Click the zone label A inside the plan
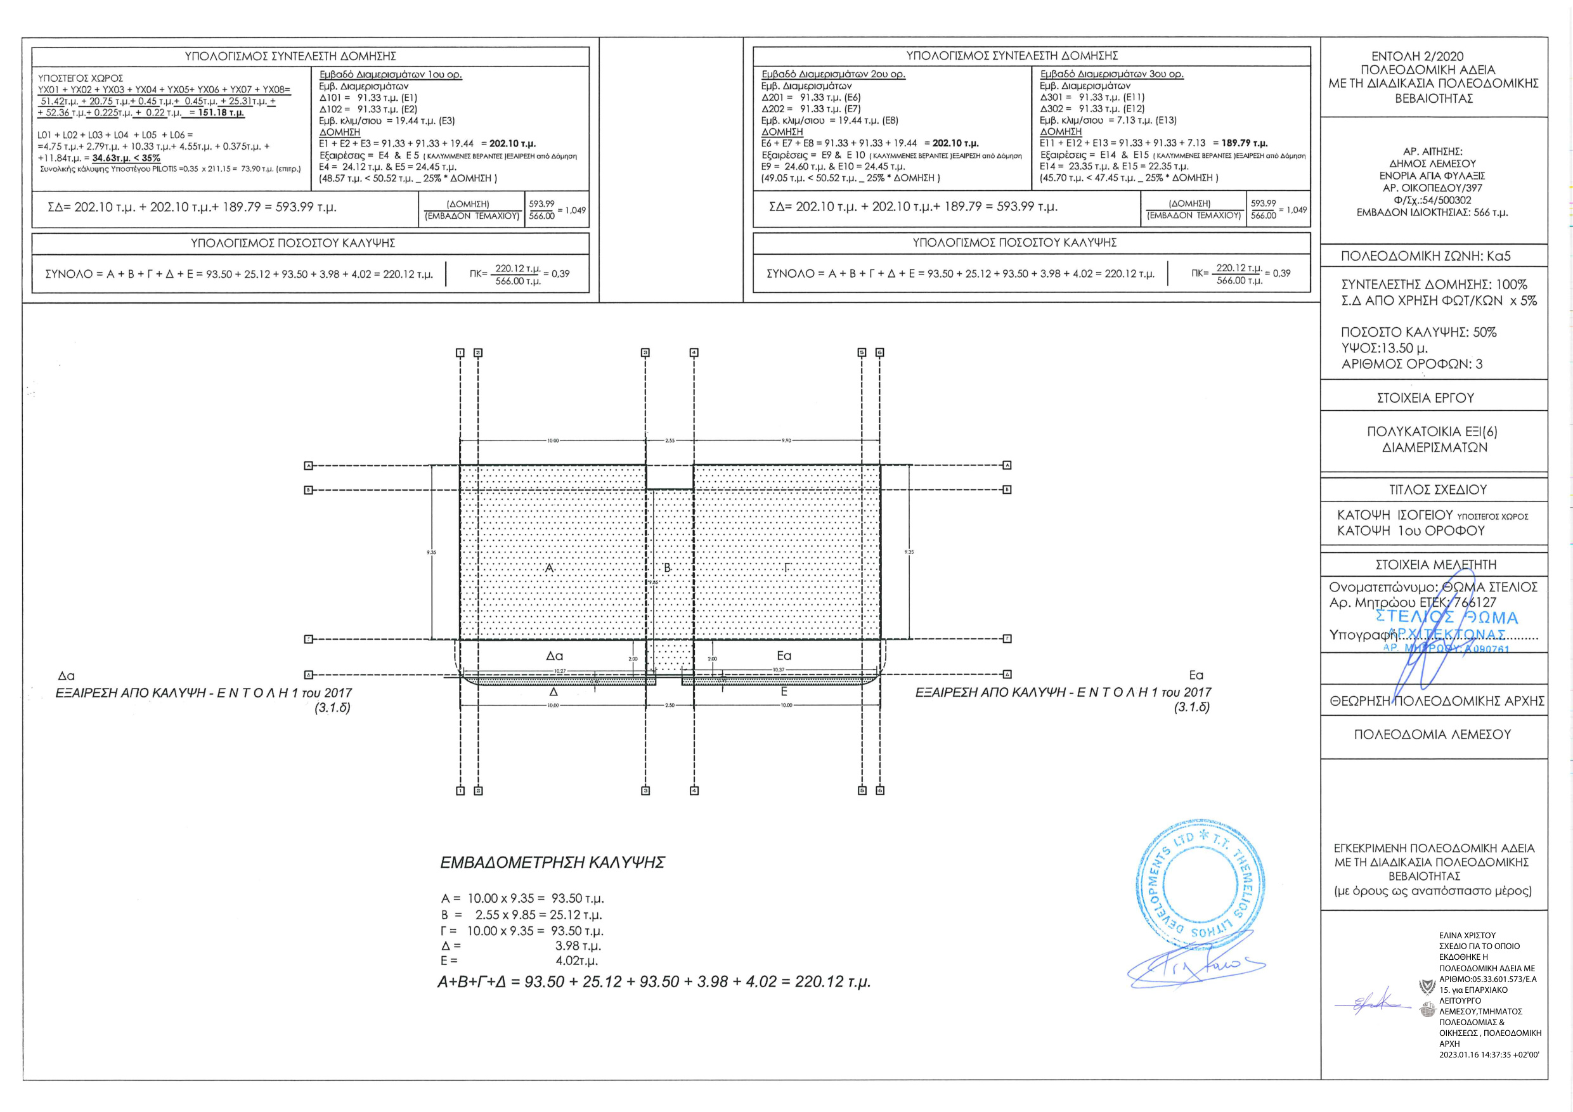pos(550,568)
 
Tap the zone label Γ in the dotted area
pos(787,568)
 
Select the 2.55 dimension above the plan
pos(670,441)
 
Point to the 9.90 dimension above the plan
pos(786,441)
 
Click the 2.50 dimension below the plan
pos(670,705)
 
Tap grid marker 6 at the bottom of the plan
pos(879,791)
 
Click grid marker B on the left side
pos(308,490)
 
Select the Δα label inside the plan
pos(554,656)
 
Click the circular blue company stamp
pos(1199,883)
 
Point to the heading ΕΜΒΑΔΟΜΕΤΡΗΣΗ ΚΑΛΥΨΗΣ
pos(552,863)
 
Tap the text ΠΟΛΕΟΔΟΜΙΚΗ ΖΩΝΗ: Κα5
pos(1425,256)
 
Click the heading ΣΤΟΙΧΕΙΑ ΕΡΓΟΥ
pos(1425,398)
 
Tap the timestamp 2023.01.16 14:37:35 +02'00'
pos(1488,1055)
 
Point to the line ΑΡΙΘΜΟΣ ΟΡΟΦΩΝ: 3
pos(1411,364)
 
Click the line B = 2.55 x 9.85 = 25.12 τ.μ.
pos(521,915)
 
